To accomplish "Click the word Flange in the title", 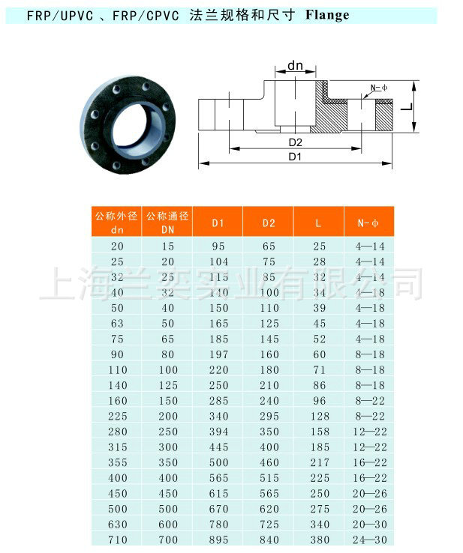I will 327,15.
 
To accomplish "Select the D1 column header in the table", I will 218,223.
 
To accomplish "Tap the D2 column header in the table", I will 269,223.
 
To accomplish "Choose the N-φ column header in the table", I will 369,223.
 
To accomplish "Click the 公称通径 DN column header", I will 167,222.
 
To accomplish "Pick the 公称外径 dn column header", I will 116,222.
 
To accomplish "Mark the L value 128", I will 320,415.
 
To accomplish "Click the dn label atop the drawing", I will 295,66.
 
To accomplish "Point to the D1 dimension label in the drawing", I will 295,157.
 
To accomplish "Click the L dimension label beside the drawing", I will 406,107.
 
